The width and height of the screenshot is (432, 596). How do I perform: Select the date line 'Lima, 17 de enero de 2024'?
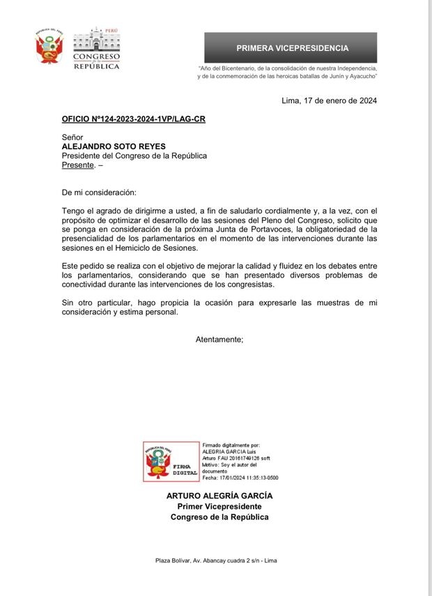329,100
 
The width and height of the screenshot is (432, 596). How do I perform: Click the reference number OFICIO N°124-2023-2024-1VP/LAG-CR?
133,119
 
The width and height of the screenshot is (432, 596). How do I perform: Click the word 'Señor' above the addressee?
72,138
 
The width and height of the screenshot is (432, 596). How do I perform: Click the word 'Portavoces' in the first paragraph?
281,229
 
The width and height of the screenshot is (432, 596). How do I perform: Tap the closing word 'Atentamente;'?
219,339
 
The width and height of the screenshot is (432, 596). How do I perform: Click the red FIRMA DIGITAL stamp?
170,461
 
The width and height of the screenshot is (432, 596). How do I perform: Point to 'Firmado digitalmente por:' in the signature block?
231,444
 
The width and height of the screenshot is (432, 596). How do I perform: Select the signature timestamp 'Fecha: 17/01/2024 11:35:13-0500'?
240,478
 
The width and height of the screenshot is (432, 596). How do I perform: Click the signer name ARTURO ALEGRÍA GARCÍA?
219,496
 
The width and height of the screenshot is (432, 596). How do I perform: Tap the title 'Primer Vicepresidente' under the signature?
219,506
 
